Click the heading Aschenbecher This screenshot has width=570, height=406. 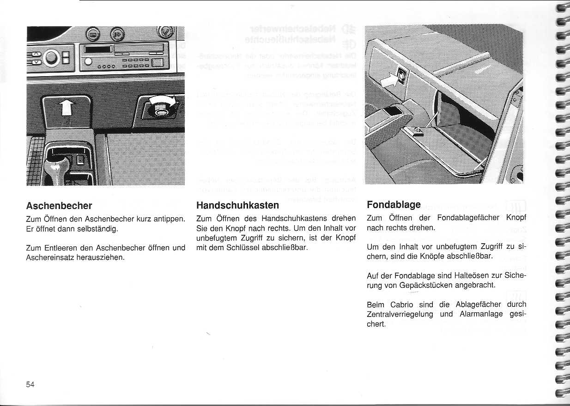[x=59, y=205]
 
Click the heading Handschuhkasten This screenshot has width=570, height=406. [x=237, y=205]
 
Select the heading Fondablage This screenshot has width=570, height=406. [x=394, y=204]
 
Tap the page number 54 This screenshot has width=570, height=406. [x=30, y=385]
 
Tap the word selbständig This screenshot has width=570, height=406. [x=97, y=228]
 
